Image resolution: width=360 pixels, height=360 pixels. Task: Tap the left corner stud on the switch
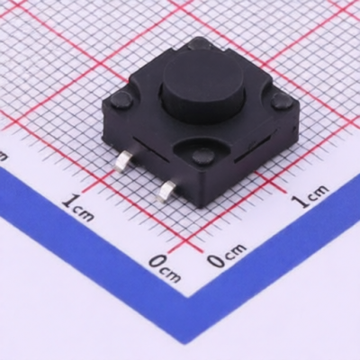[x=121, y=100]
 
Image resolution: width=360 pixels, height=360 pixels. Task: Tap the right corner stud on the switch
[x=282, y=100]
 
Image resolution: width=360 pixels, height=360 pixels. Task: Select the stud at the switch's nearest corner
[x=202, y=156]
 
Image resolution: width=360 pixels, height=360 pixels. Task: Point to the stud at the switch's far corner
[x=199, y=44]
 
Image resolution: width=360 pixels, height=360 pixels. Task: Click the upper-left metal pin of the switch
[x=124, y=161]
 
